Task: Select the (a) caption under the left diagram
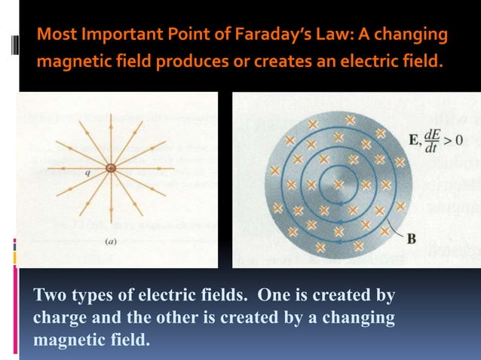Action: (109, 243)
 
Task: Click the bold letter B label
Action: (412, 239)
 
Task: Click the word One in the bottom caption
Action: (265, 295)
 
